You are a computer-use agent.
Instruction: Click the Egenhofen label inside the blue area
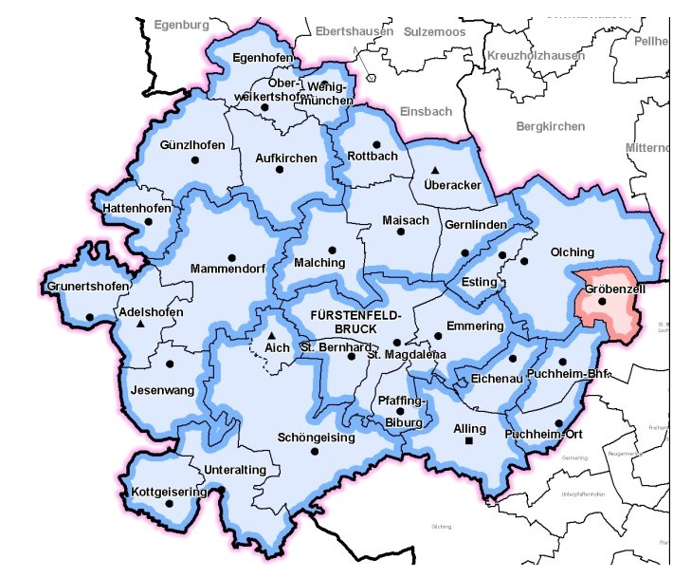(x=259, y=58)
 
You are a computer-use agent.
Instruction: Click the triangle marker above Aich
(x=271, y=337)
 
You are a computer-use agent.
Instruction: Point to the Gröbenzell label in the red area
(x=602, y=288)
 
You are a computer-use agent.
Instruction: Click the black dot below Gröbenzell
(x=601, y=302)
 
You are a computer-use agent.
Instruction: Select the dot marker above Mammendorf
(x=232, y=256)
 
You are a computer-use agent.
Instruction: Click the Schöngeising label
(x=317, y=438)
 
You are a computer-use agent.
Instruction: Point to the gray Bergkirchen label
(x=551, y=126)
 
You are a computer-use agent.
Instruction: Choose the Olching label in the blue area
(x=572, y=252)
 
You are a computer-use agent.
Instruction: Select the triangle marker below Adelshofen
(x=140, y=325)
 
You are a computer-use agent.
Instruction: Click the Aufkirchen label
(x=286, y=158)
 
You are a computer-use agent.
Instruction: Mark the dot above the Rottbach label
(x=375, y=143)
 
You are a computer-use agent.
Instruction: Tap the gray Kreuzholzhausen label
(x=534, y=57)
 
